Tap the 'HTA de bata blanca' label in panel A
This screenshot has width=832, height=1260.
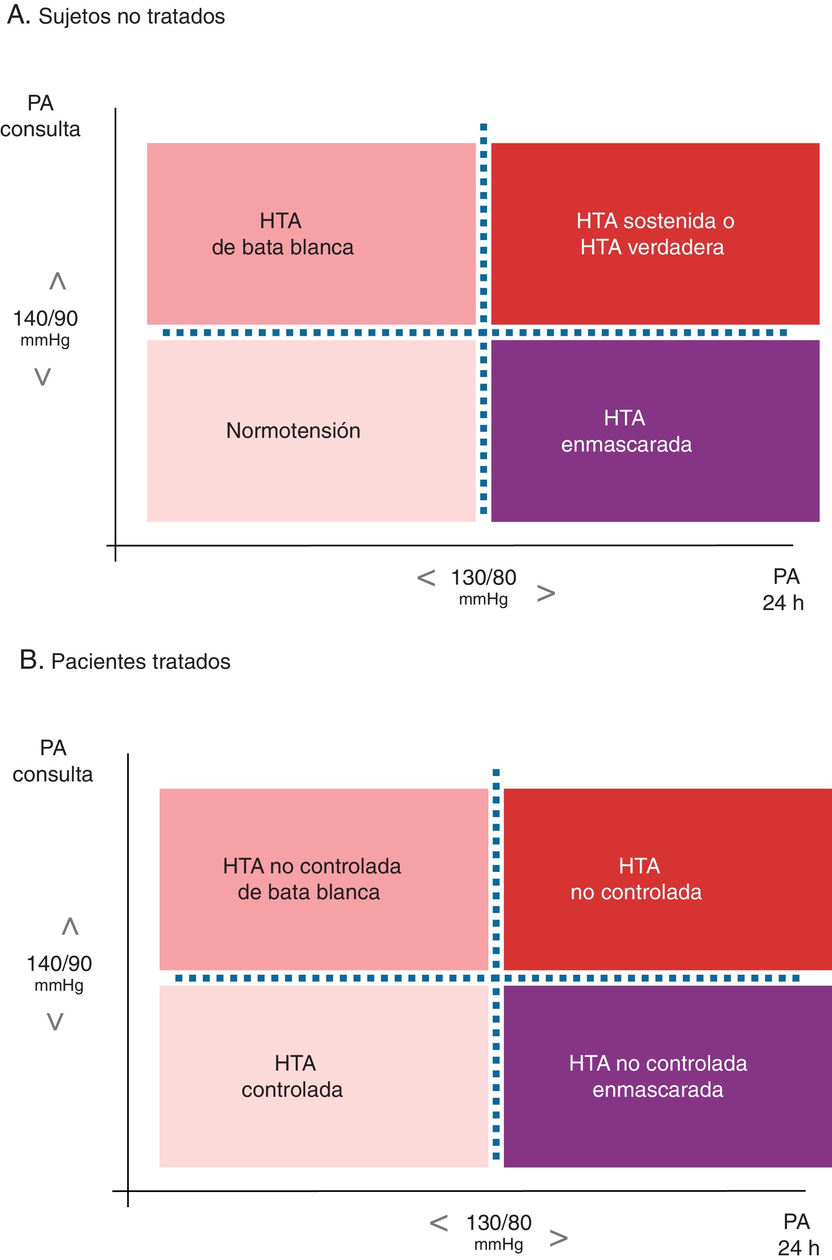pos(282,234)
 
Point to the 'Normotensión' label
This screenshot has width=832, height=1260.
pos(293,430)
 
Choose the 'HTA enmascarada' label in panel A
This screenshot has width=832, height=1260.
pos(626,431)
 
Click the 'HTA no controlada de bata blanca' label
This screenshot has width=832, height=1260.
pos(312,879)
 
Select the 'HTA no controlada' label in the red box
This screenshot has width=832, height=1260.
pos(637,879)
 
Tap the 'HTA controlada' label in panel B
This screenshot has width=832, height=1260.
pos(293,1076)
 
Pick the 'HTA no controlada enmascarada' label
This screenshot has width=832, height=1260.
pos(658,1076)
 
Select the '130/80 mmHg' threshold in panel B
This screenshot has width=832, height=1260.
pos(498,1232)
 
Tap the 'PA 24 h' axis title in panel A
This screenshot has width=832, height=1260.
pos(784,589)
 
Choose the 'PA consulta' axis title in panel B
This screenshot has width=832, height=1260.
pos(52,761)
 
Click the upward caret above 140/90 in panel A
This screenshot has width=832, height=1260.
pos(57,281)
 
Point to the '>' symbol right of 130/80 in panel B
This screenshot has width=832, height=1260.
pos(558,1238)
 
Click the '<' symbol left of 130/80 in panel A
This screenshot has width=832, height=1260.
pos(426,578)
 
